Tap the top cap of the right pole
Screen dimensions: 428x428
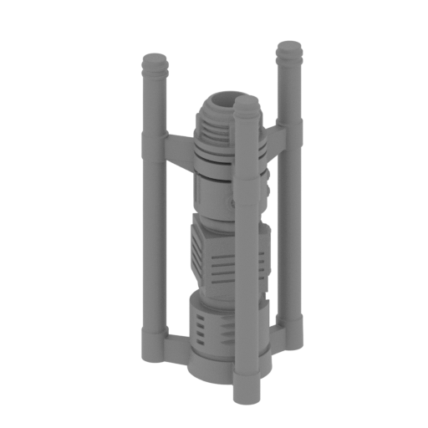[289, 48]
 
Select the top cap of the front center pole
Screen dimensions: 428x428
[246, 105]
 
